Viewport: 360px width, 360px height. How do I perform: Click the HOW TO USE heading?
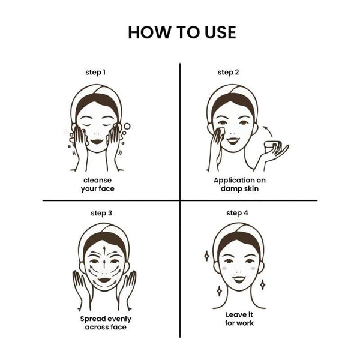tap(182, 32)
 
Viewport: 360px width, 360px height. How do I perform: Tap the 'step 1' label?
tap(95, 73)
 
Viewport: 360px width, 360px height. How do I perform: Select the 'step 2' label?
tap(228, 73)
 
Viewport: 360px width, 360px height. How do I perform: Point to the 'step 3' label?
tap(101, 213)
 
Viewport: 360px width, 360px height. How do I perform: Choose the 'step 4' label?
tap(237, 213)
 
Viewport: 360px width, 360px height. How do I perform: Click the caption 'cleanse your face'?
tap(98, 184)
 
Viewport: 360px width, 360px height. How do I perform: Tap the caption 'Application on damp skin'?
tap(239, 184)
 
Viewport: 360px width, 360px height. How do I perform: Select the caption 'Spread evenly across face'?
tap(106, 323)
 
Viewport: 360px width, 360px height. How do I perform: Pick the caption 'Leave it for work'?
tap(239, 319)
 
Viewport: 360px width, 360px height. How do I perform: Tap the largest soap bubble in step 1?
tap(127, 126)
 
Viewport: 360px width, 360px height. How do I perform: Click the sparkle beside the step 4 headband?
tap(206, 256)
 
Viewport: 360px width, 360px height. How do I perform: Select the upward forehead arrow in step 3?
tap(104, 251)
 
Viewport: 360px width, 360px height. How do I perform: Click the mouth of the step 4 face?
tap(239, 279)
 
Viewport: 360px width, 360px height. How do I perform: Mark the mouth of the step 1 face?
tap(97, 141)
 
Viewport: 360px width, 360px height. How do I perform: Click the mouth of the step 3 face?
tap(104, 280)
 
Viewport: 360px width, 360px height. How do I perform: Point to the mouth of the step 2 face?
tap(233, 141)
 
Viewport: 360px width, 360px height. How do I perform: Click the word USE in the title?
tap(220, 32)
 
